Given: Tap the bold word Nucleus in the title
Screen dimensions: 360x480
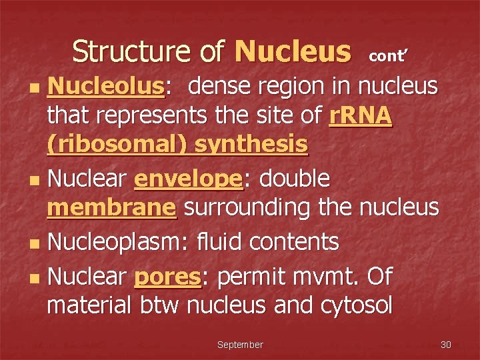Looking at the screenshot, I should tap(293, 51).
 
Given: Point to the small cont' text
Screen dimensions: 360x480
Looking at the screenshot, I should tap(387, 56).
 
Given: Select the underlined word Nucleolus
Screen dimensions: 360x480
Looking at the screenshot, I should tap(105, 86).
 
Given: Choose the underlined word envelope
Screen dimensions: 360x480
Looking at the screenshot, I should tap(189, 178).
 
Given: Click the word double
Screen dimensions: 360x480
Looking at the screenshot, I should tap(295, 178).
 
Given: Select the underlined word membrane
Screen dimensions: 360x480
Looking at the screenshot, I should tap(111, 207).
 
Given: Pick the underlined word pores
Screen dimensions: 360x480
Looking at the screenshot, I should tap(168, 275).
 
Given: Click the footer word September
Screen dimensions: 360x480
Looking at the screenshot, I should tap(240, 345).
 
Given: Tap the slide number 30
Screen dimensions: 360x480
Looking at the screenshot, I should tap(446, 345).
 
